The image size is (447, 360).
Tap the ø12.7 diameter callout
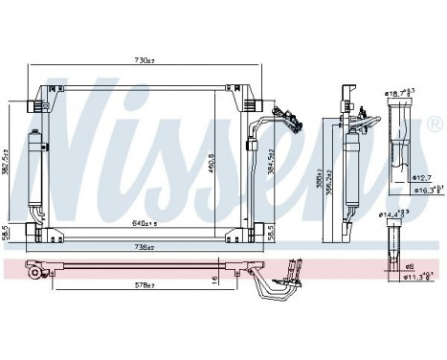point(422,177)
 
